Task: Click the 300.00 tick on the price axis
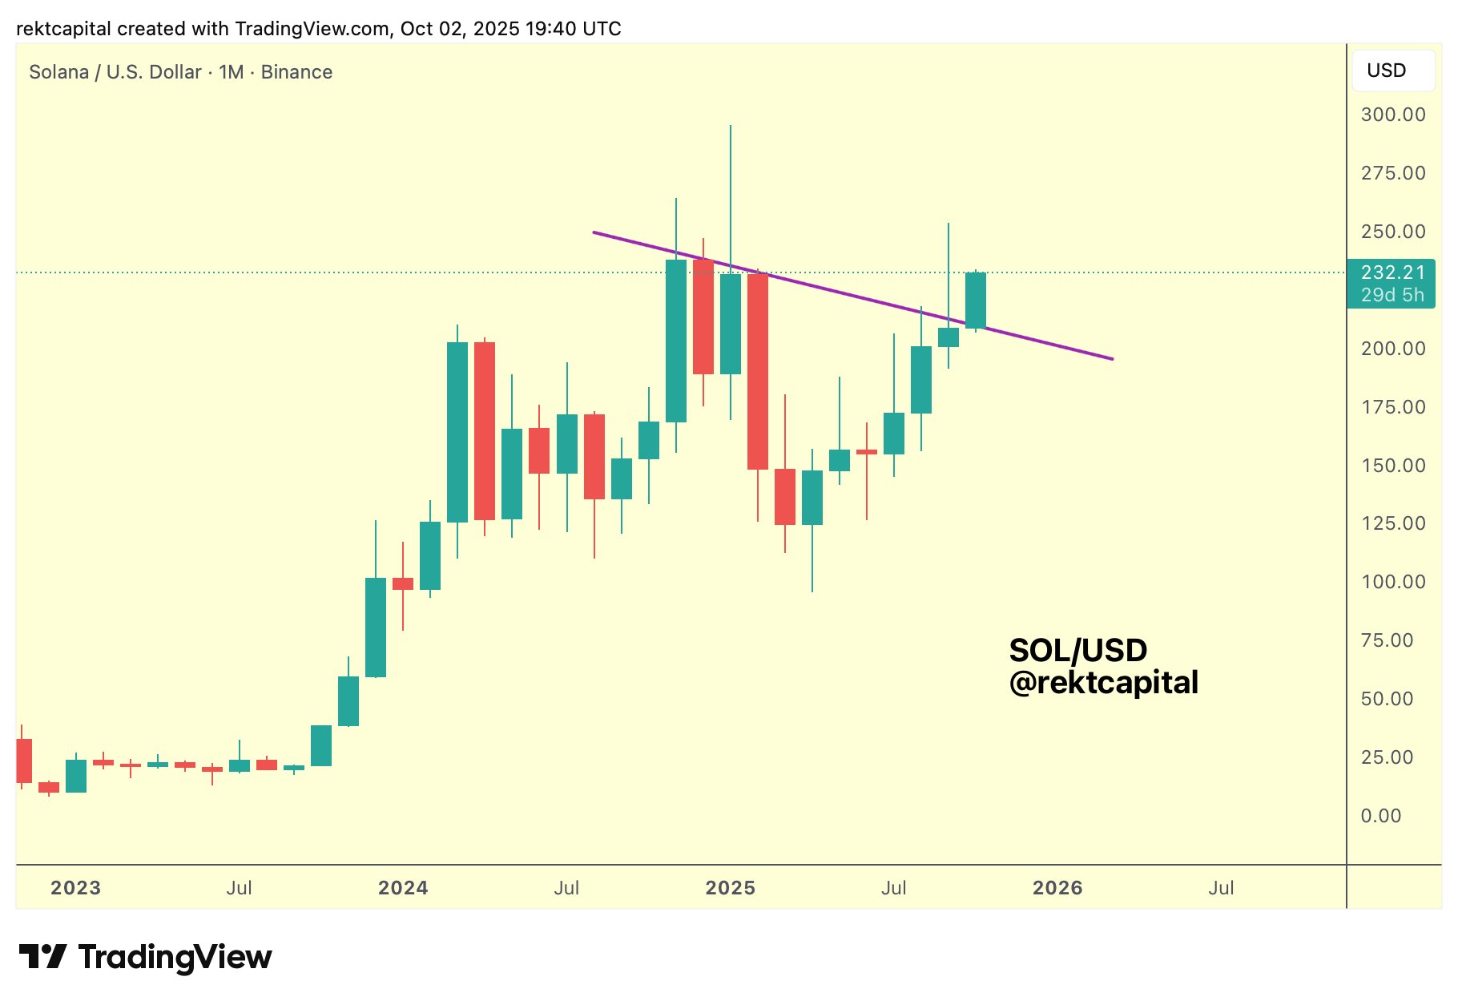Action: [1392, 115]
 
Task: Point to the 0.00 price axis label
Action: [1380, 816]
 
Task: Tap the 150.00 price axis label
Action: [1392, 466]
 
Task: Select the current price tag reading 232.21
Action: [1392, 272]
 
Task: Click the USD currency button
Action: [1386, 71]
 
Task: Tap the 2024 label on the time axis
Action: [403, 888]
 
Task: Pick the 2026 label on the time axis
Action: [1057, 888]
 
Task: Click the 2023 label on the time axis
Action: [75, 888]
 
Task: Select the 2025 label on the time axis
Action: [730, 888]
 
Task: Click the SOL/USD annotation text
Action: [1077, 650]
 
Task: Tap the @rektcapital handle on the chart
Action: [1103, 683]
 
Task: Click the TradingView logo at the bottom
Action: [145, 957]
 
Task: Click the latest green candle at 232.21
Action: [976, 301]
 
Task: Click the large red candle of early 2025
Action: [758, 371]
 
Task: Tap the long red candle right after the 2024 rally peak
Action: [485, 431]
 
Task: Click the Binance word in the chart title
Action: [296, 72]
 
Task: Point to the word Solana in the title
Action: [58, 72]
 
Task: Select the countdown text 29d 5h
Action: [1392, 295]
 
